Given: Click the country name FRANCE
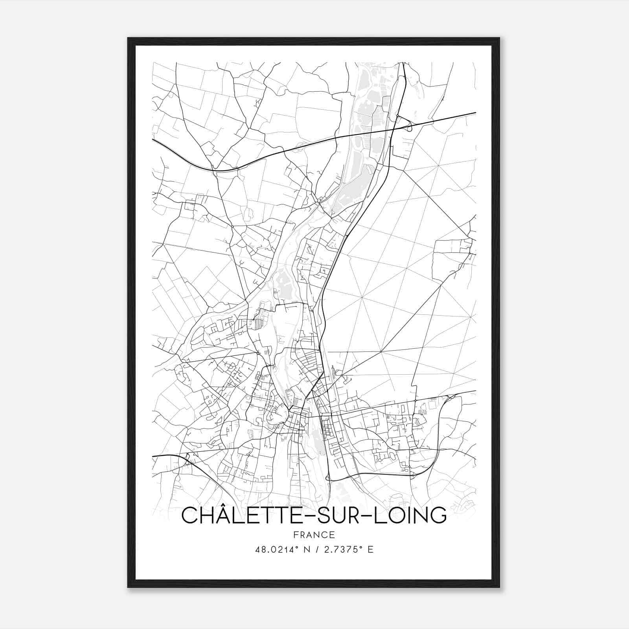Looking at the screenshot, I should click(314, 535).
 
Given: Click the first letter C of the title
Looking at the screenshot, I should click(189, 516).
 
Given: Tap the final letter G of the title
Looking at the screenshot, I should click(439, 516).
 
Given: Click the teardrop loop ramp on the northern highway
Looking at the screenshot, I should click(410, 127).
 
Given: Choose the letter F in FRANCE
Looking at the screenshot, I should click(296, 535).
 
